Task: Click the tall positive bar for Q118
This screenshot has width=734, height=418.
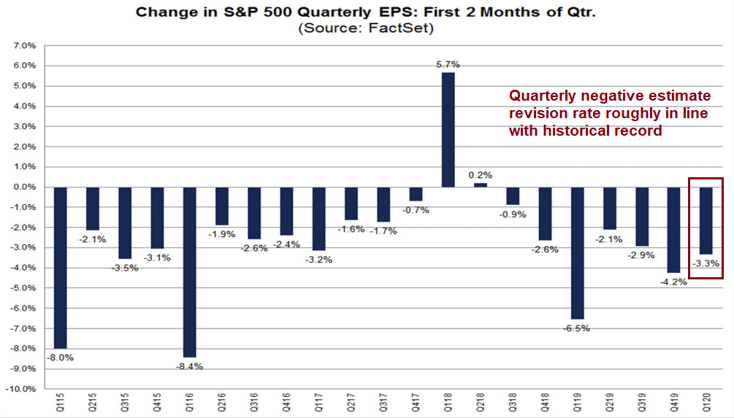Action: click(448, 129)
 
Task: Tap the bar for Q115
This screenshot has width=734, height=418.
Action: click(60, 267)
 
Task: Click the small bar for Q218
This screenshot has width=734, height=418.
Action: click(480, 185)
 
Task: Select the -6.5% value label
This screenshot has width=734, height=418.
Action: click(577, 328)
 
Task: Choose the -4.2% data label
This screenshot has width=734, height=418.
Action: click(673, 282)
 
